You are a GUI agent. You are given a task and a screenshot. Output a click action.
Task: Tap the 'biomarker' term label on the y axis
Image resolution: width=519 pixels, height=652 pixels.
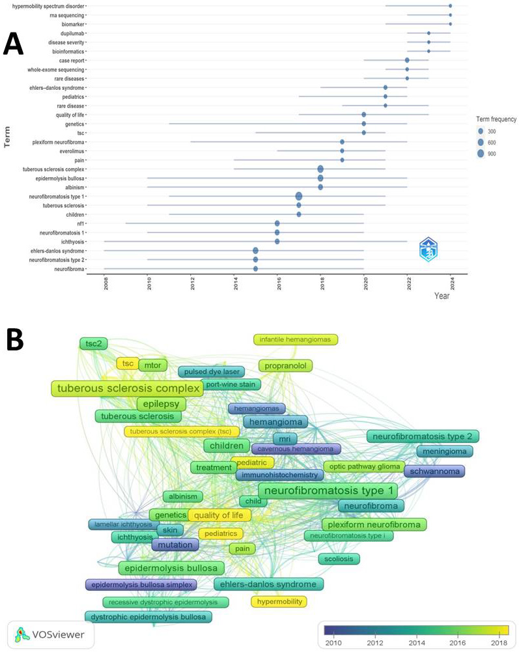[71, 23]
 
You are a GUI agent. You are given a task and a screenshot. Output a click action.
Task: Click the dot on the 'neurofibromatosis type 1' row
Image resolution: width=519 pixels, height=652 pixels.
[299, 196]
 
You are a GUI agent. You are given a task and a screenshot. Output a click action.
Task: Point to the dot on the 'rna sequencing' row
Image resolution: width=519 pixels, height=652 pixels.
[450, 14]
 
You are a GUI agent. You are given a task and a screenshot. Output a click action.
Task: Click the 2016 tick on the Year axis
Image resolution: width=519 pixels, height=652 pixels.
[277, 285]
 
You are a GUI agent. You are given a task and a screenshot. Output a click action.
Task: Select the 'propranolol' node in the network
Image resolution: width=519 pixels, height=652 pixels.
[285, 365]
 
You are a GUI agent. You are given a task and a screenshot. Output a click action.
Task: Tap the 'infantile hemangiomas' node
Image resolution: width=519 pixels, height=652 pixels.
[296, 339]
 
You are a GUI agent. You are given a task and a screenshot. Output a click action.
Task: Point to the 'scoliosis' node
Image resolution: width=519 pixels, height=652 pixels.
[339, 559]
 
